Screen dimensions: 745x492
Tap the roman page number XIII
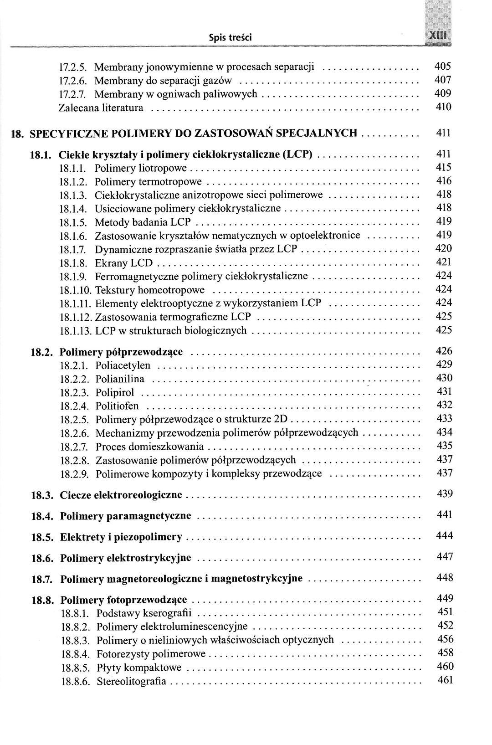tap(435, 36)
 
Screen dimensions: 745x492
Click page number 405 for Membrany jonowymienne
tap(443, 67)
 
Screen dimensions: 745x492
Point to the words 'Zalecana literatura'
tap(101, 108)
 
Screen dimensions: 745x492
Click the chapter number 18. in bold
tap(18, 134)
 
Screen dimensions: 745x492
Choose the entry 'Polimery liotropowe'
tap(141, 169)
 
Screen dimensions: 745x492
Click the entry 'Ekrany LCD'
tap(123, 263)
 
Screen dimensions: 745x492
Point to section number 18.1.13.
tap(76, 331)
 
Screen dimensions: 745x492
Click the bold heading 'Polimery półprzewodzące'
tap(121, 352)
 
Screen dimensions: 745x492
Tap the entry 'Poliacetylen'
tap(123, 365)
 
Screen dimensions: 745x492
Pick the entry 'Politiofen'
tap(117, 406)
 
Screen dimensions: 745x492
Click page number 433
tap(444, 418)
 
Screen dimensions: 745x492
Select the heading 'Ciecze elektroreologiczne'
tap(121, 495)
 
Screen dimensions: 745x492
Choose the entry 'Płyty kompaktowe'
tap(139, 668)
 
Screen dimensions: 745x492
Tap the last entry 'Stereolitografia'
tap(132, 682)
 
